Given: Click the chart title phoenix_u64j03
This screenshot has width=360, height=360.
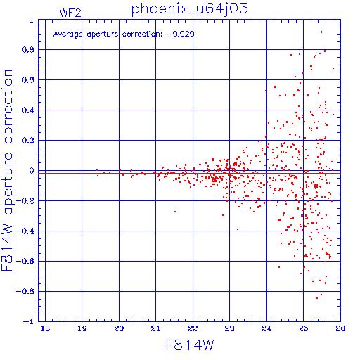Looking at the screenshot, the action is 189,9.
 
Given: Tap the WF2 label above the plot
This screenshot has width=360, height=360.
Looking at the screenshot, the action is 70,13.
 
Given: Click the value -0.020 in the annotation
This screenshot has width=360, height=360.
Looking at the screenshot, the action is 181,34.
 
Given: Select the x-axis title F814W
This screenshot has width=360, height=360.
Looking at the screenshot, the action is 190,345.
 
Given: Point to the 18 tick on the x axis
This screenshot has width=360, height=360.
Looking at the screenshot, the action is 45,328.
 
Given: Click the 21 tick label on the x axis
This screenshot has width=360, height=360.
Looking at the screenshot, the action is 155,328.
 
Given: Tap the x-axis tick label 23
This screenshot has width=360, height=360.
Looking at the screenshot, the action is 229,328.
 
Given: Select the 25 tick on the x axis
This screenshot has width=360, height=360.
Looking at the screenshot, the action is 303,328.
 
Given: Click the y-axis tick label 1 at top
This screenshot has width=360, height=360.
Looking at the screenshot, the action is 32,20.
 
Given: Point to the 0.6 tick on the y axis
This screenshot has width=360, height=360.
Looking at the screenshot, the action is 28,80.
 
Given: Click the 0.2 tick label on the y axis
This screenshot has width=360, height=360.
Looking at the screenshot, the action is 28,141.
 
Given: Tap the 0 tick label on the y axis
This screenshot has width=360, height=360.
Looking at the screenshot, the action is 32,171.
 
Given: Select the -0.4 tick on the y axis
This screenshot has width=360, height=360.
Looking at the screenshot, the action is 25,231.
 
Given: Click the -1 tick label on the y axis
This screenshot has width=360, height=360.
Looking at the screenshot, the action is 29,321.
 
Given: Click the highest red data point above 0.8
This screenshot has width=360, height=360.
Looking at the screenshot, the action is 321,32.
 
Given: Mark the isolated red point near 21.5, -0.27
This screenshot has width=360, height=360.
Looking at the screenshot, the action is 175,212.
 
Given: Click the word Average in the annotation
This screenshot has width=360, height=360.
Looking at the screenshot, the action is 67,34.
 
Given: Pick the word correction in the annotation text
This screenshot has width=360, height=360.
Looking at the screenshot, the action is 142,34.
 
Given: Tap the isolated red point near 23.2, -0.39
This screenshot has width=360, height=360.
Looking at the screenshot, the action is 238,229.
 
